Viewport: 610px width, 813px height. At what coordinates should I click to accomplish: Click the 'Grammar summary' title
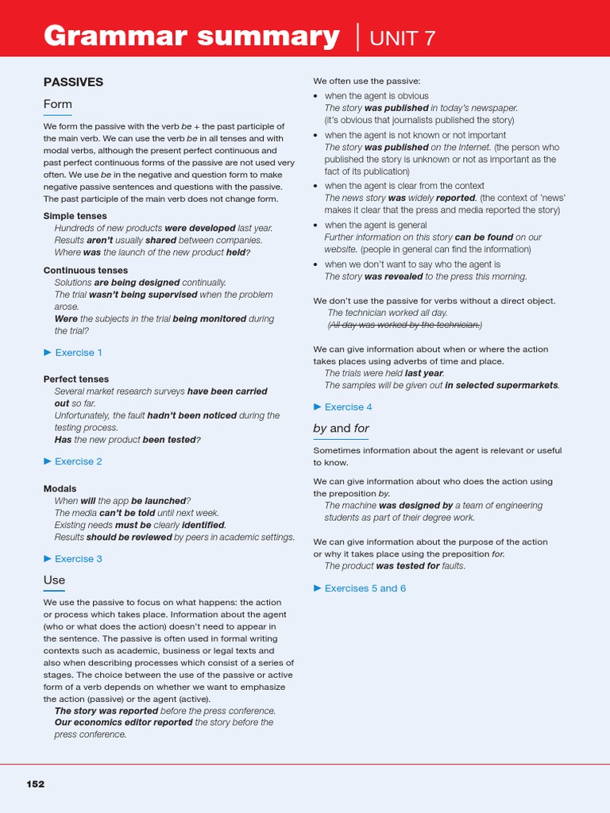pyautogui.click(x=191, y=37)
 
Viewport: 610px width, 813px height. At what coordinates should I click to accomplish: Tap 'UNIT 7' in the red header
pyautogui.click(x=403, y=37)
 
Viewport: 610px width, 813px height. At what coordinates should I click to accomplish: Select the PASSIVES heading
pyautogui.click(x=73, y=82)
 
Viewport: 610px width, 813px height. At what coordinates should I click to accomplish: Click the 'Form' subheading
pyautogui.click(x=57, y=104)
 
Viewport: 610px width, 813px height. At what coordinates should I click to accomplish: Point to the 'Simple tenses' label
pyautogui.click(x=75, y=216)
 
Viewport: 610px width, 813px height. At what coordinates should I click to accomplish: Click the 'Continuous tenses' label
pyautogui.click(x=85, y=270)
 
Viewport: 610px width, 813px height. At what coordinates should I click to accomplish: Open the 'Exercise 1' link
pyautogui.click(x=78, y=353)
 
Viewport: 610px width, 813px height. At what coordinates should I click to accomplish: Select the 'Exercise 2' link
pyautogui.click(x=78, y=461)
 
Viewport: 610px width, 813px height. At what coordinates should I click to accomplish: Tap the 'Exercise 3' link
pyautogui.click(x=78, y=559)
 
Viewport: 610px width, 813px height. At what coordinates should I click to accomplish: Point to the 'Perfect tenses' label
pyautogui.click(x=76, y=380)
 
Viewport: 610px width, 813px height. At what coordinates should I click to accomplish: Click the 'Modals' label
pyautogui.click(x=60, y=489)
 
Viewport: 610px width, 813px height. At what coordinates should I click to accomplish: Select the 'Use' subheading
pyautogui.click(x=54, y=580)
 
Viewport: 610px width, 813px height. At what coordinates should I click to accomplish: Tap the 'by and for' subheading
pyautogui.click(x=341, y=429)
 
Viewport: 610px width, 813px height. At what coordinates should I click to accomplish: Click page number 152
pyautogui.click(x=36, y=784)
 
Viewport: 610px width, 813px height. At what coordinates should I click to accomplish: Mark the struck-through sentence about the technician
pyautogui.click(x=404, y=325)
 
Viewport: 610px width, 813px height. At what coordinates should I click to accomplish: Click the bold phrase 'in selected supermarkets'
pyautogui.click(x=501, y=385)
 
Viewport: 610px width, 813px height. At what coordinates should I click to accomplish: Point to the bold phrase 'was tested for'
pyautogui.click(x=407, y=566)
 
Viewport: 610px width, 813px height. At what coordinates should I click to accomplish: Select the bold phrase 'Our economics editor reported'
pyautogui.click(x=123, y=722)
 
